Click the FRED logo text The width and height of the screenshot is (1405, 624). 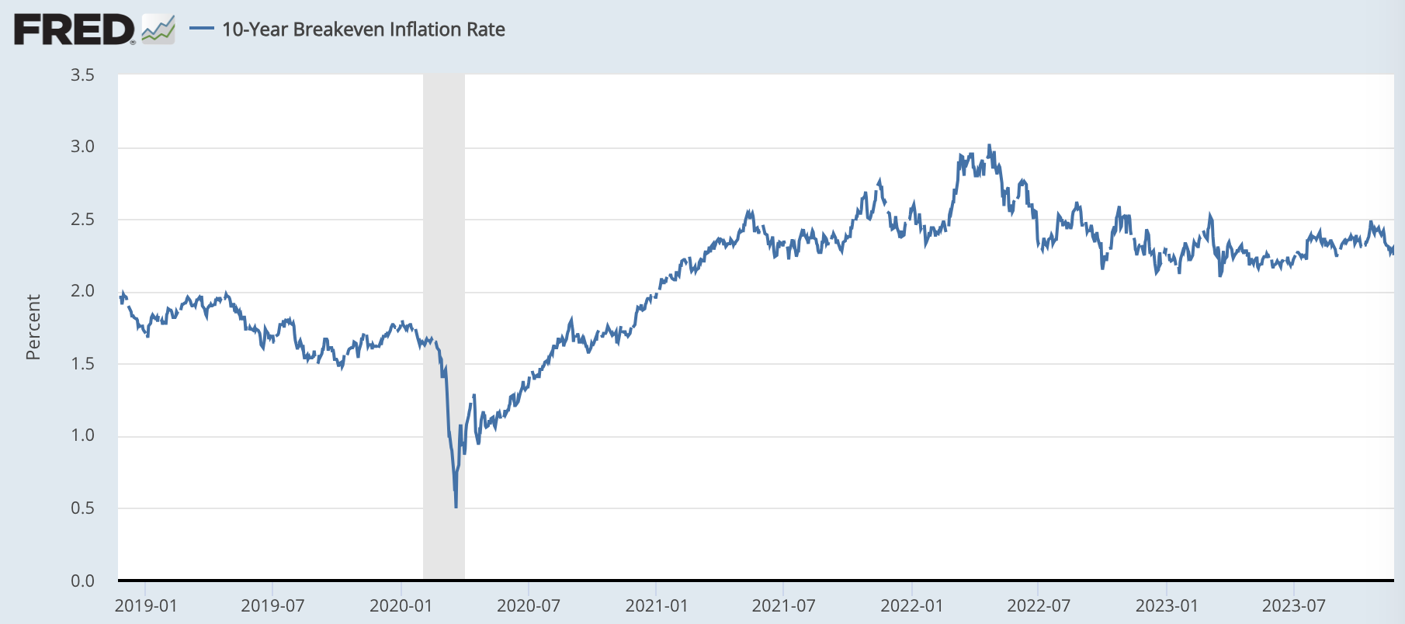75,30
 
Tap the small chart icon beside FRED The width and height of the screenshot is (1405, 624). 158,30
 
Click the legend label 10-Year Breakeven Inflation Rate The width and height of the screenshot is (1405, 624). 363,29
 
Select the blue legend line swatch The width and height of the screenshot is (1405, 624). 202,29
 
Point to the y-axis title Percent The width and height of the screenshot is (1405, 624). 33,327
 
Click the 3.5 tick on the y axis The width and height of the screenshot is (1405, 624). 82,75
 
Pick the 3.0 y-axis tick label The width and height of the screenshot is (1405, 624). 82,147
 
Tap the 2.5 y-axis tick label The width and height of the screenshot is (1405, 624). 82,220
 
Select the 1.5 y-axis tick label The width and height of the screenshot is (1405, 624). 82,364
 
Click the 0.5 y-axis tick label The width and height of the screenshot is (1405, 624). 82,508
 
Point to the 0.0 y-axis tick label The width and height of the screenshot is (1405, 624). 82,581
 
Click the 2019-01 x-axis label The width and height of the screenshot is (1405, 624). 146,606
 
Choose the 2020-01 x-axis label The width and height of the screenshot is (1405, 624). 401,606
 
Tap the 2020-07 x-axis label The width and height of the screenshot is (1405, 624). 529,606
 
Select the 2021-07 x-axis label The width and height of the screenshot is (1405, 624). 783,606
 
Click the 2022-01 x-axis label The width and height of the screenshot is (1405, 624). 911,606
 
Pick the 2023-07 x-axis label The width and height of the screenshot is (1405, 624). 1294,606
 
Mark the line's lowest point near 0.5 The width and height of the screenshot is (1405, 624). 456,506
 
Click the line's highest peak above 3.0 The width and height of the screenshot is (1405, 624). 989,146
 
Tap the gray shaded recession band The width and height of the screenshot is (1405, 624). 444,233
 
